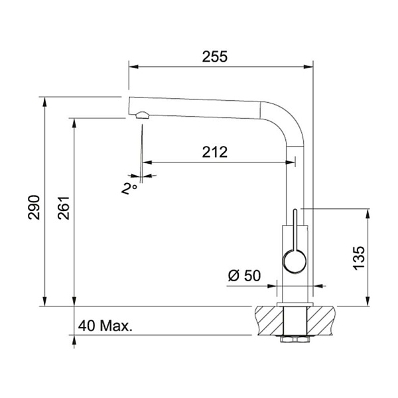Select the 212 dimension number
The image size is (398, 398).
(x=215, y=152)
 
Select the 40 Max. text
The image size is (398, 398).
(x=105, y=326)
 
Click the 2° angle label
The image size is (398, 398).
(x=129, y=188)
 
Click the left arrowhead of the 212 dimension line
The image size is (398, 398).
(x=147, y=162)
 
